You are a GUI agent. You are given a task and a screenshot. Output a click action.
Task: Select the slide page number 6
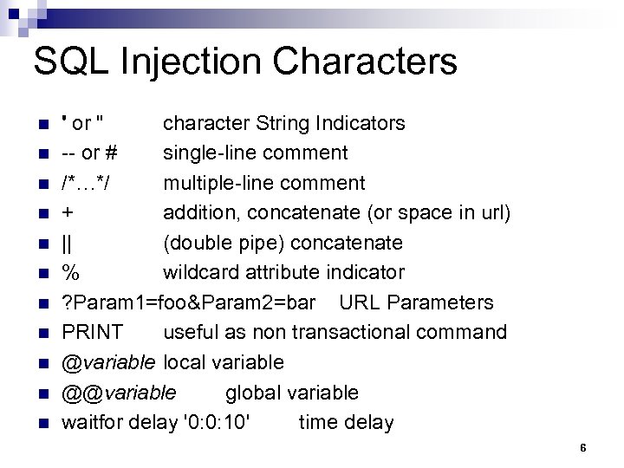tap(583, 448)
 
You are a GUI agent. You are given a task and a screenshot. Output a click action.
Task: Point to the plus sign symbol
tap(68, 213)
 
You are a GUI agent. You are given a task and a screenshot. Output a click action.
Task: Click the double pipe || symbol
tap(66, 243)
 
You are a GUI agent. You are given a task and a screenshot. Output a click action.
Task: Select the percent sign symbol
tap(70, 273)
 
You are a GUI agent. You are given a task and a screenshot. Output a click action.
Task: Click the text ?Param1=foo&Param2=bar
tap(191, 302)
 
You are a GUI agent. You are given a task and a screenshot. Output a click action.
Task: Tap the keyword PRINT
tap(92, 333)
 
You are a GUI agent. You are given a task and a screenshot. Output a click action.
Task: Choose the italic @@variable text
tap(119, 393)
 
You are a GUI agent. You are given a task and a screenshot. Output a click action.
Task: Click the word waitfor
tap(92, 423)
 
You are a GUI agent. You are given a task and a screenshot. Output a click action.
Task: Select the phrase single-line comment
tap(256, 153)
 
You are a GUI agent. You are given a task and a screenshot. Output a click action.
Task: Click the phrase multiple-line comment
tap(264, 183)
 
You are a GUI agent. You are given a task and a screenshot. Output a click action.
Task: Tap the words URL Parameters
tap(416, 302)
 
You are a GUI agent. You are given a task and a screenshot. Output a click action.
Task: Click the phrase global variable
tap(291, 393)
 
